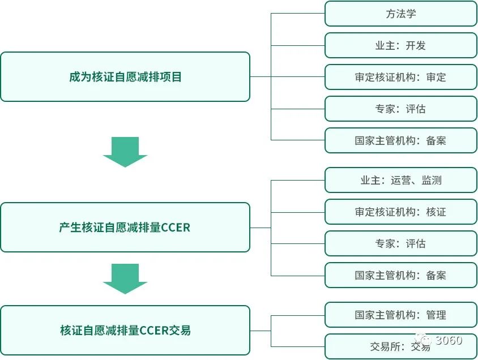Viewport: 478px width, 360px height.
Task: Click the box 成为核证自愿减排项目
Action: [125, 77]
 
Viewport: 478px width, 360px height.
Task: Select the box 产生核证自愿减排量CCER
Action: [125, 228]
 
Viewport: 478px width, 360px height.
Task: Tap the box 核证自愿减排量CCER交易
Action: [125, 330]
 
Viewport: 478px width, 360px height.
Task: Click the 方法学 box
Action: [400, 14]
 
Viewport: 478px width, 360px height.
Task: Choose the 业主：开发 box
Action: [400, 45]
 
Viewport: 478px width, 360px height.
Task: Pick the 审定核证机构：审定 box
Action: [400, 77]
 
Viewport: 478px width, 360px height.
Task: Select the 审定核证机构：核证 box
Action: [400, 212]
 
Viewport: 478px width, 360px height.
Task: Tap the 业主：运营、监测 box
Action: [400, 181]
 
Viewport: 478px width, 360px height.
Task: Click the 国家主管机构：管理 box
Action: [400, 315]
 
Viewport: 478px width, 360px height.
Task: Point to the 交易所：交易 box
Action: [400, 346]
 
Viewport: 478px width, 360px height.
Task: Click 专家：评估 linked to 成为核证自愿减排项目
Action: [400, 109]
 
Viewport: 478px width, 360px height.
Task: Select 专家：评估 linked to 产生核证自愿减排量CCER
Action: [400, 244]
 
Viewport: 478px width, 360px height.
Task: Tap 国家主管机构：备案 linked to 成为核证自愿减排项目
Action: [400, 140]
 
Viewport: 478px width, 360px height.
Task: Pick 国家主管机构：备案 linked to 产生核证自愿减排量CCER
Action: [400, 276]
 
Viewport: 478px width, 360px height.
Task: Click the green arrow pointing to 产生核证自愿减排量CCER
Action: [125, 152]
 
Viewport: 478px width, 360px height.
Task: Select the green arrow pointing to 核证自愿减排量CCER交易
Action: [125, 279]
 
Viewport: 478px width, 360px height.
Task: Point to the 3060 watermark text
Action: [448, 341]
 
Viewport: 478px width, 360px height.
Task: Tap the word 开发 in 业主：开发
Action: [416, 45]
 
